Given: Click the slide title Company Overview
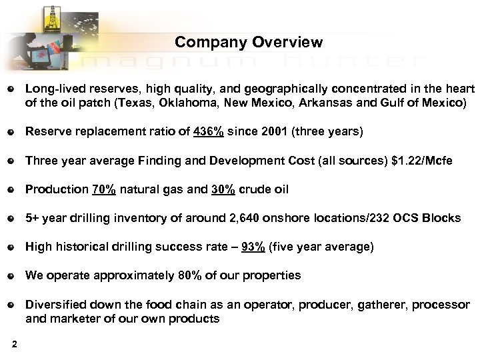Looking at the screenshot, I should tap(249, 43).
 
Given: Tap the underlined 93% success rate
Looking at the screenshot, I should tap(254, 247).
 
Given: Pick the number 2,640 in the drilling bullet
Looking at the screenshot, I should tap(243, 218).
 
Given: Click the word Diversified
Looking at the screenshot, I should tap(57, 304).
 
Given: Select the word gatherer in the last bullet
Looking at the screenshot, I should tap(385, 304).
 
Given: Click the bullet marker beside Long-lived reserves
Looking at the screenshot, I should tap(10, 89).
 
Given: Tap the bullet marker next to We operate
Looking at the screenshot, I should tap(10, 275).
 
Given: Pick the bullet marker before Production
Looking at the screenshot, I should tap(10, 189).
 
